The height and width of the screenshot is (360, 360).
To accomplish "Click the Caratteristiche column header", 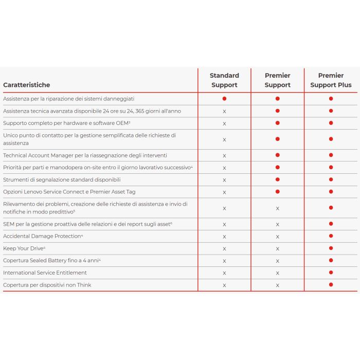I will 27,85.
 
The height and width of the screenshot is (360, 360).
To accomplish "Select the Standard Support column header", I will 224,80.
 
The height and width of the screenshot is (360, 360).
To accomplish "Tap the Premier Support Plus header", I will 331,80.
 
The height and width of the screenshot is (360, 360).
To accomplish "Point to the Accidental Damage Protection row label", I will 43,236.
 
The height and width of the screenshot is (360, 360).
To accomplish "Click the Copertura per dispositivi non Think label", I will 47,285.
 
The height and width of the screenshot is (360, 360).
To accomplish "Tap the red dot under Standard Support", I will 224,98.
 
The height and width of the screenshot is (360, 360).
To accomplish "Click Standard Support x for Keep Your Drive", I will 224,249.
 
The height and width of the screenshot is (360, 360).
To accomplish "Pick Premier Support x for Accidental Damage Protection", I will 277,237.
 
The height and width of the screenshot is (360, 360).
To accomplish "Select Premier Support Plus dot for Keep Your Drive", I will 331,248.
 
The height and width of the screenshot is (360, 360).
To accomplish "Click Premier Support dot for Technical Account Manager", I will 277,155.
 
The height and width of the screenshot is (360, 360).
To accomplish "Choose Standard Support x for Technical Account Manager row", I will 224,155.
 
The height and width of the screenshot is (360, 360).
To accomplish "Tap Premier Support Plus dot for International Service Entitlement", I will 331,273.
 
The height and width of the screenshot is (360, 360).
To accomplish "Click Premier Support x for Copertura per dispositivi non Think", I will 277,285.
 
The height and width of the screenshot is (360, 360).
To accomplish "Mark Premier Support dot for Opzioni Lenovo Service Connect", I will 277,191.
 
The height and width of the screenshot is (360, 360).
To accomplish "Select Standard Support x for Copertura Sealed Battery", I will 224,261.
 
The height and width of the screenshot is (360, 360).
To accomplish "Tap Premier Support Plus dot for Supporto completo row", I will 331,123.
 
